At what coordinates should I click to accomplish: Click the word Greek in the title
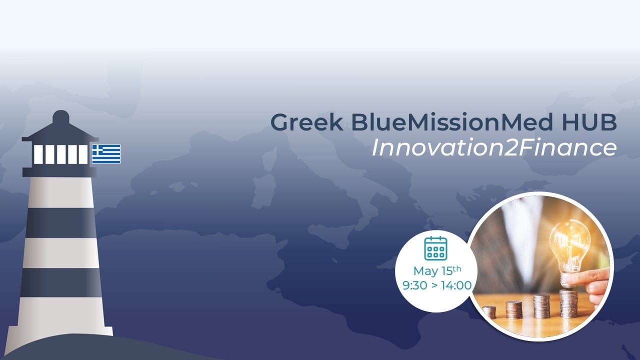coord(306,122)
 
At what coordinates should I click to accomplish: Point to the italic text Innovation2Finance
coord(494,147)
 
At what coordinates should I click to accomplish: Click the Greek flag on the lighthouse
coord(106,154)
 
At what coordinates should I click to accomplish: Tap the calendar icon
coord(435,248)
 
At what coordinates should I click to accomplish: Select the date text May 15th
coord(437,270)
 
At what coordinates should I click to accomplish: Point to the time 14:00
coord(456,285)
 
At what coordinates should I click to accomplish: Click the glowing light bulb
coord(570,248)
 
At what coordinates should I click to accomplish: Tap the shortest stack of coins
coord(489,312)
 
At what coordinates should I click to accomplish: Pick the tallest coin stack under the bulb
coord(568,303)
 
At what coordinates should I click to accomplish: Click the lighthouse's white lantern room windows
coord(60,154)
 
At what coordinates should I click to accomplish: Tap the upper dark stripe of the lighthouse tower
coord(60,223)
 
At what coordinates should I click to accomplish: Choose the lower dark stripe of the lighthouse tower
coord(61,282)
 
